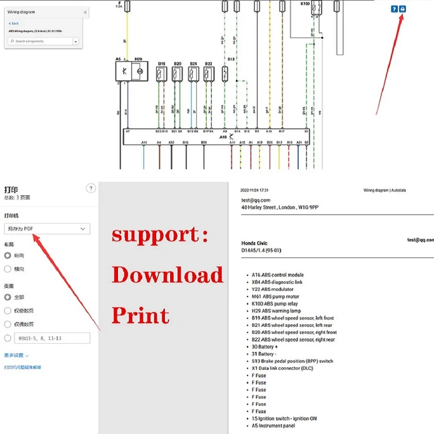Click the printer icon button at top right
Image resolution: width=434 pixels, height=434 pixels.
(x=403, y=9)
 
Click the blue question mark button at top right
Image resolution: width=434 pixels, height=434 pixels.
(x=394, y=9)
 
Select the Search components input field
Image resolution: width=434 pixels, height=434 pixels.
(x=41, y=41)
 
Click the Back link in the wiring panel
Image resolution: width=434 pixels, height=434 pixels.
(x=14, y=23)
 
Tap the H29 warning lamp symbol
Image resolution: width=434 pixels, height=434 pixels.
(x=139, y=71)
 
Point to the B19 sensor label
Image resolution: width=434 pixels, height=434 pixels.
(x=161, y=64)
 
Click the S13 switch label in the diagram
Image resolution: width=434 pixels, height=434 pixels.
(x=231, y=59)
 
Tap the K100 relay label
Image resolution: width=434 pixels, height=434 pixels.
(x=306, y=3)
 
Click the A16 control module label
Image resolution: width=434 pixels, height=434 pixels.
(x=223, y=137)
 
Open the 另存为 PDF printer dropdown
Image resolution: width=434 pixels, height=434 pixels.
(x=47, y=229)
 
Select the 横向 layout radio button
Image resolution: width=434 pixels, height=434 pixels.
(x=7, y=269)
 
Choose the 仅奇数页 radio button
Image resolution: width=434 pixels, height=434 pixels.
(x=7, y=311)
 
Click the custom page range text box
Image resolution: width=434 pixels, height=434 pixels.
(x=52, y=338)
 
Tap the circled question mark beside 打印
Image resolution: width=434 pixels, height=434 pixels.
(x=91, y=188)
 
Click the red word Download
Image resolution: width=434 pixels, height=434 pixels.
(x=168, y=275)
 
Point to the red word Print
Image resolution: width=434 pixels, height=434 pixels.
(x=140, y=316)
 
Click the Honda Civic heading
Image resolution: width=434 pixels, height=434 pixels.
(x=254, y=243)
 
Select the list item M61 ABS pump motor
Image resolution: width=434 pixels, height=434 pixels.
(x=275, y=296)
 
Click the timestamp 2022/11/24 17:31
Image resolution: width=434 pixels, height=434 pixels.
(x=254, y=191)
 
